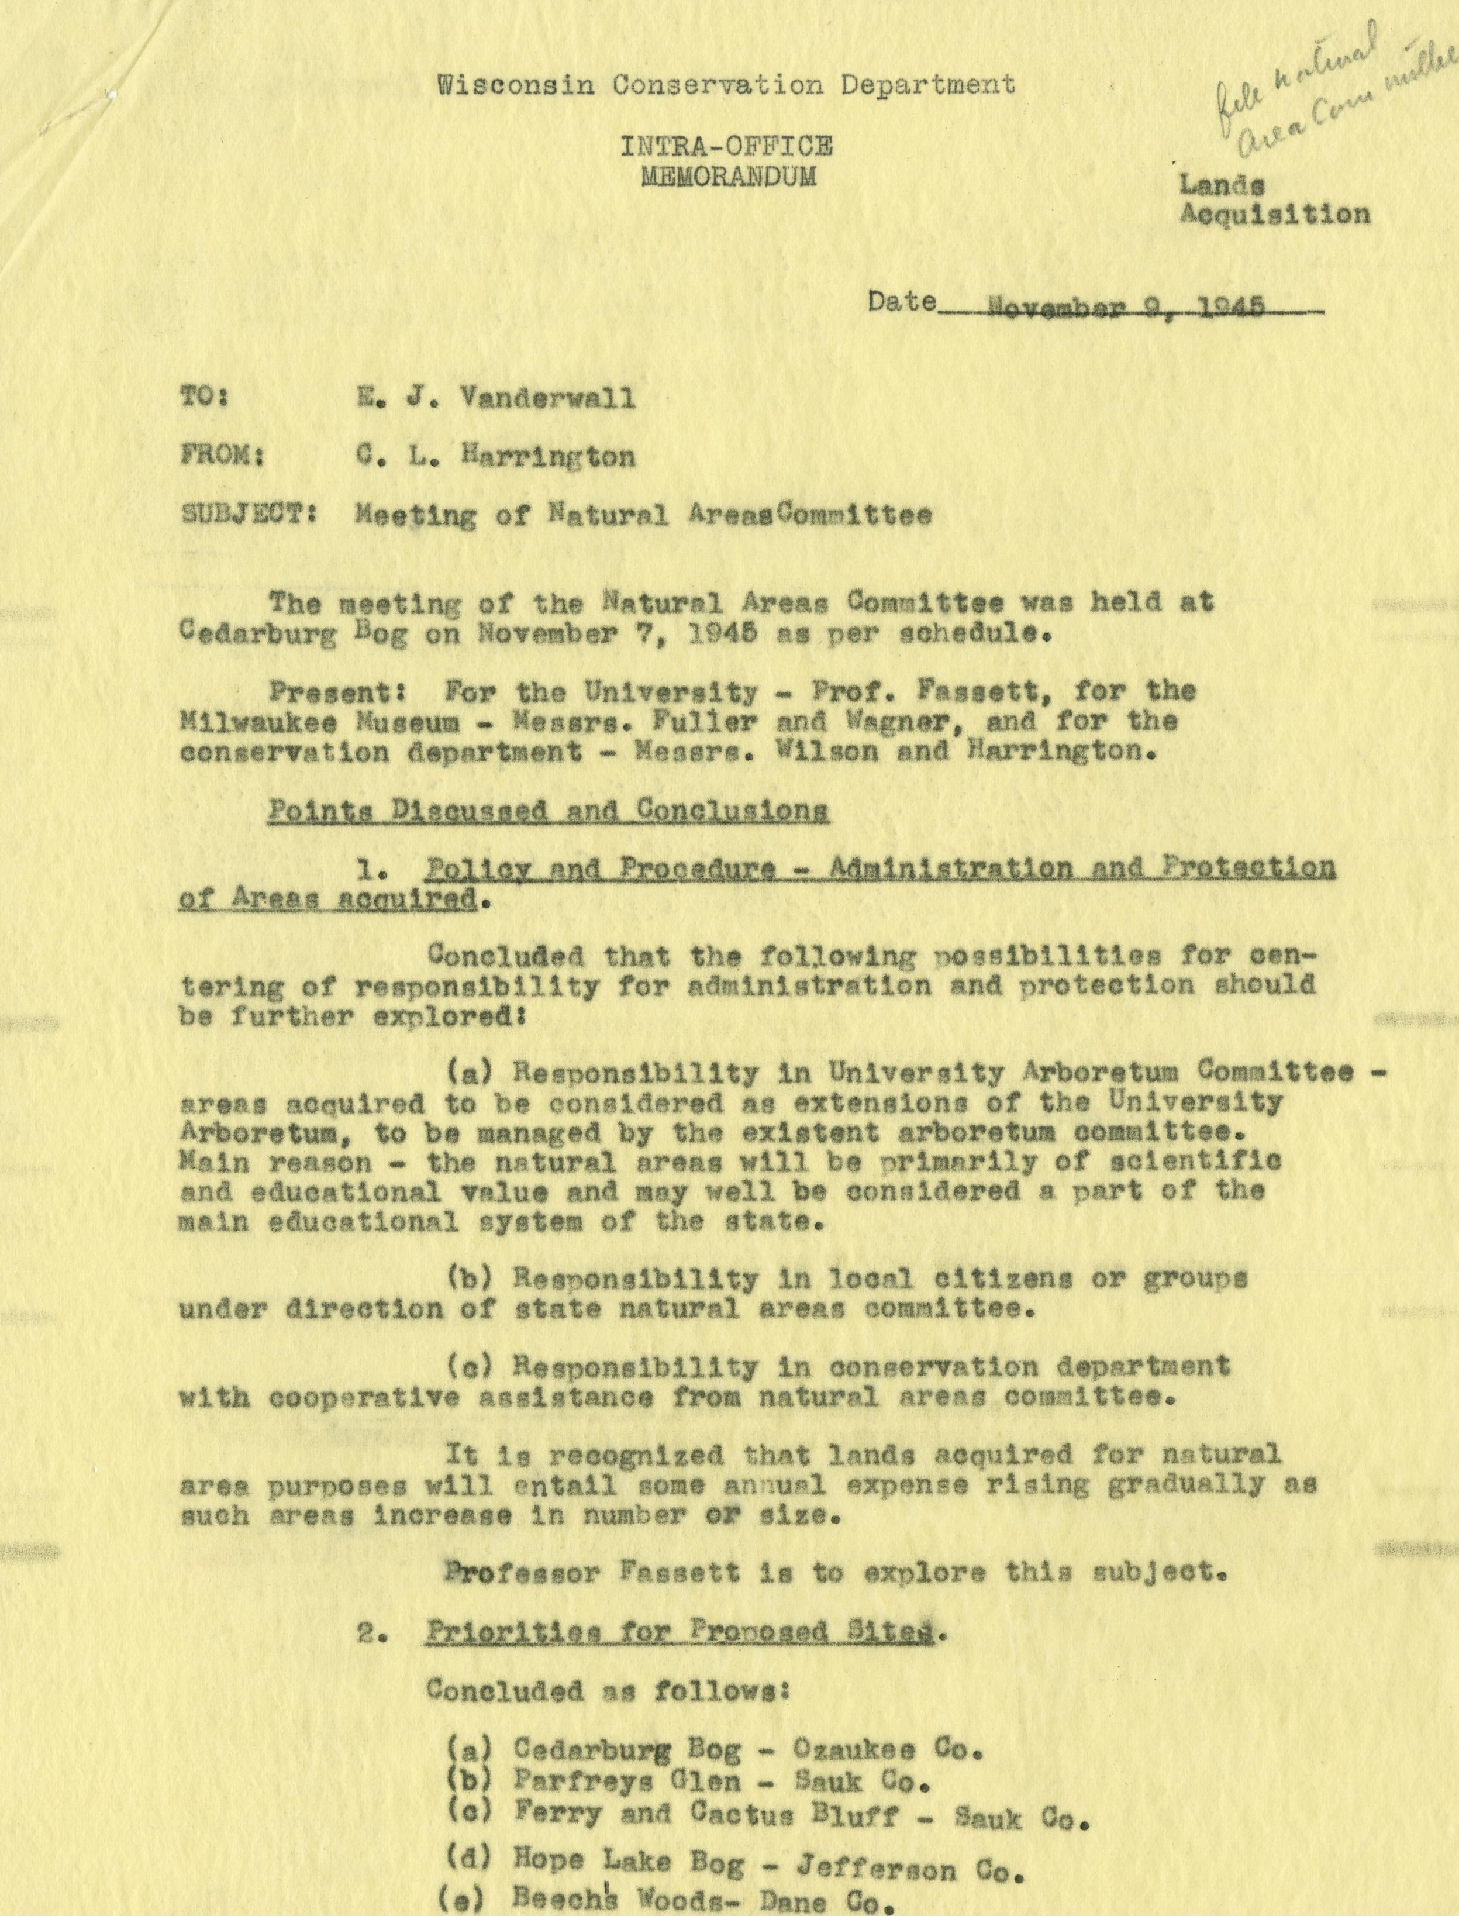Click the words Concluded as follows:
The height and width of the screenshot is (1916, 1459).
pos(608,1692)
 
